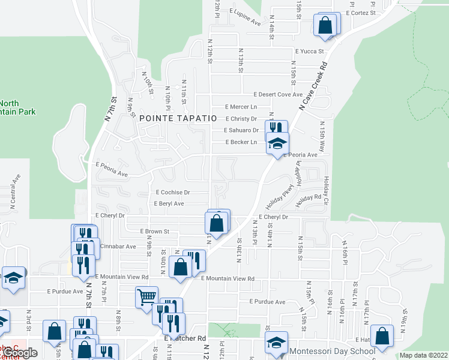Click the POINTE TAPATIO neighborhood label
[177, 118]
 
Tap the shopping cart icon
[146, 297]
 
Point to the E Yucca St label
[309, 52]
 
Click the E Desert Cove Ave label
[277, 95]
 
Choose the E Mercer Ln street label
[240, 107]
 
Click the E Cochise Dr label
[172, 193]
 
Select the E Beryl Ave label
[169, 204]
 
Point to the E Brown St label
[155, 231]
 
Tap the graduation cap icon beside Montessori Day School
[277, 344]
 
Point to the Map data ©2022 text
[424, 355]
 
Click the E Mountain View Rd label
[228, 278]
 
